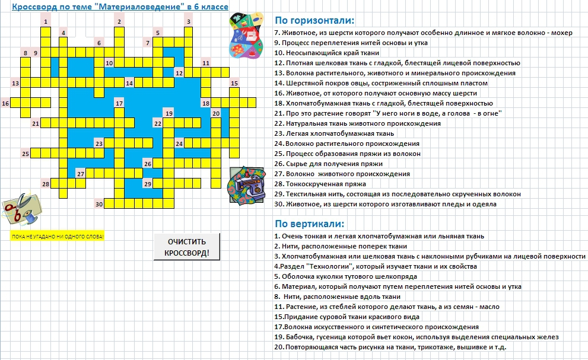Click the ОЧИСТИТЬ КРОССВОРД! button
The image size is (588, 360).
(x=187, y=247)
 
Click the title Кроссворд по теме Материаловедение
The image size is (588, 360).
(x=120, y=7)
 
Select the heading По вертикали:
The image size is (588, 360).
(x=309, y=224)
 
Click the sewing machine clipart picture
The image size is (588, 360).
(x=247, y=186)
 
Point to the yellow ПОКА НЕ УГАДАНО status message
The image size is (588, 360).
(x=57, y=237)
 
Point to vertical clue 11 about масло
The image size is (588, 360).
(x=386, y=307)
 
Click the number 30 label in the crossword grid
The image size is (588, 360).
(x=99, y=205)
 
